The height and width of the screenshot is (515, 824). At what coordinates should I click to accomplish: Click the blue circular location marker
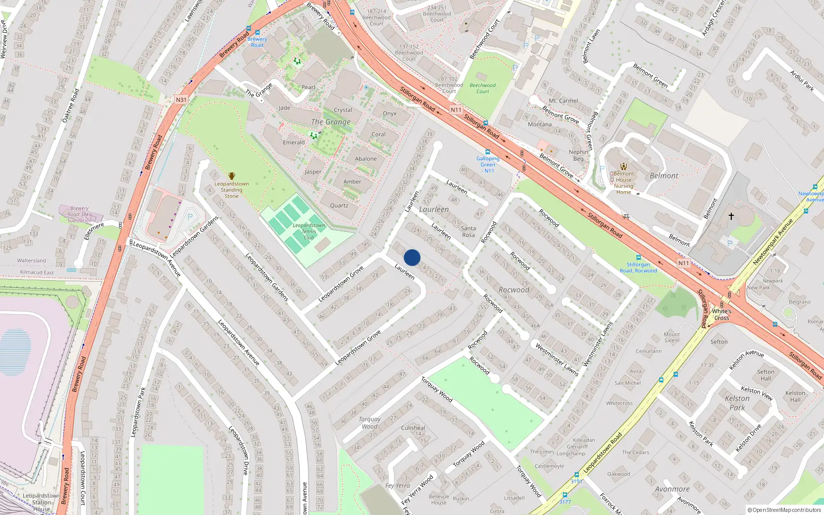coord(412,257)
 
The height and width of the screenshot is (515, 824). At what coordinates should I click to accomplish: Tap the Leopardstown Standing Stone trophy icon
coord(232,176)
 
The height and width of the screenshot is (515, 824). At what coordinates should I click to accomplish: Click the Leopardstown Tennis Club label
coord(308,231)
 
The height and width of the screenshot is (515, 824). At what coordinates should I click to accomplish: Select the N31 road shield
coord(181,100)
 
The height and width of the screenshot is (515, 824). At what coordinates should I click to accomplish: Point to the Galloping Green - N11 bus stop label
coord(488,165)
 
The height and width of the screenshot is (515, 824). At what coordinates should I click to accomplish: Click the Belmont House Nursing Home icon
coord(623,166)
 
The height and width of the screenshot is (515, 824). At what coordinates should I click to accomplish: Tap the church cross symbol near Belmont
coord(731,216)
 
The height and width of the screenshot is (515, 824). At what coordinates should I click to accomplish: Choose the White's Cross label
coord(722,314)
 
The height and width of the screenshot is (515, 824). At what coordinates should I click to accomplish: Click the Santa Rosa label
coord(468,231)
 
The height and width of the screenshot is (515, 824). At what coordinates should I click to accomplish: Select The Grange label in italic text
coord(331,122)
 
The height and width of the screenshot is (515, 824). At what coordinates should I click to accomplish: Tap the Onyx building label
coord(389,113)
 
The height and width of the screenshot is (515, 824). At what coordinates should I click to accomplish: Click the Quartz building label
coord(339,205)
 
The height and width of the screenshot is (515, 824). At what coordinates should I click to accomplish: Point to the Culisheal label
coord(413,427)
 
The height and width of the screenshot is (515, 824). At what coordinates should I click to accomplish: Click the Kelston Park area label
coord(737,403)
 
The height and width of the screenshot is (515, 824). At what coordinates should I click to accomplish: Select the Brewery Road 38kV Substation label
coord(79,214)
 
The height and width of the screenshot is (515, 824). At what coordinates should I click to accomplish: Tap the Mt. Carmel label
coord(563,101)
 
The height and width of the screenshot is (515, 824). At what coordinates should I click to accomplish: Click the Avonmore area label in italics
coord(672,489)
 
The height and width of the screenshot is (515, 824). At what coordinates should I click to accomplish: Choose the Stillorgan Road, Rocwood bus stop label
coord(638,267)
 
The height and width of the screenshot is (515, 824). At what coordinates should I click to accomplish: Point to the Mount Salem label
coord(672,337)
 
